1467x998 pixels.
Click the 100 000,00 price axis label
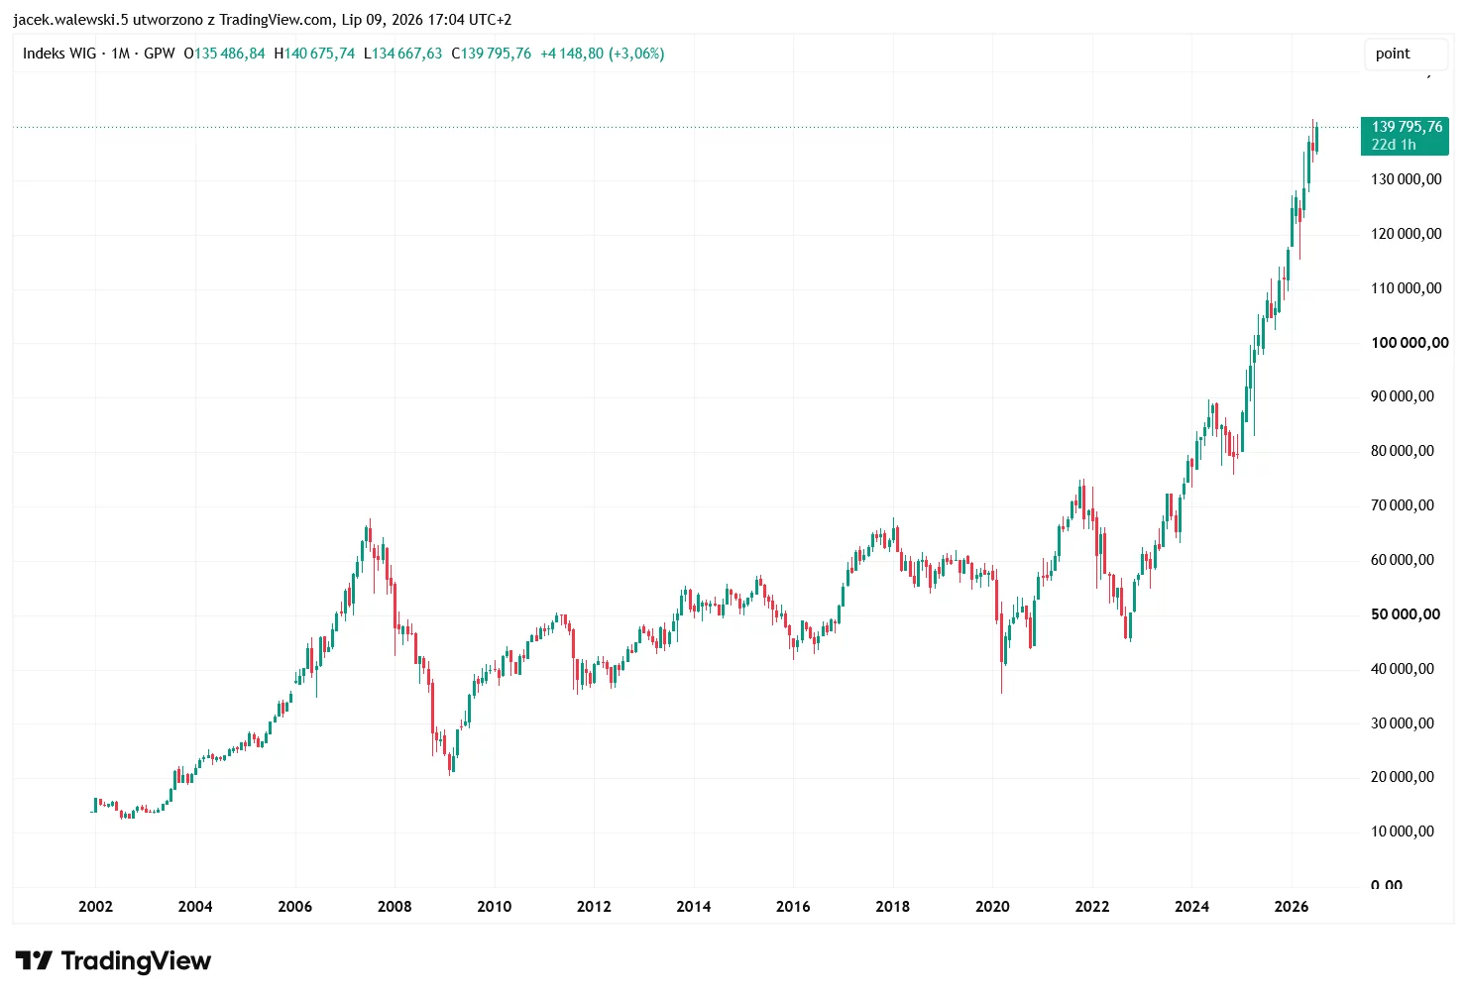[1410, 343]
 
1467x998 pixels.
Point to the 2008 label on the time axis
[395, 906]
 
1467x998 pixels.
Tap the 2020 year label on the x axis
[992, 906]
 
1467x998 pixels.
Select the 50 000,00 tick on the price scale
[1406, 614]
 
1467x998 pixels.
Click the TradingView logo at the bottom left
[113, 960]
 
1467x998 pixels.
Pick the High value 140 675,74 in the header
[319, 54]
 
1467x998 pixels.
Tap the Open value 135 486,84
[229, 54]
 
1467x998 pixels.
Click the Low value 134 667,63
[406, 54]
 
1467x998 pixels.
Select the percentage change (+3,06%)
[636, 54]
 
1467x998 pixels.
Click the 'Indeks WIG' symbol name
[59, 54]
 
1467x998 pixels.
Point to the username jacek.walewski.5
[70, 20]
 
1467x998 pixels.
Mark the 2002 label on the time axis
[95, 906]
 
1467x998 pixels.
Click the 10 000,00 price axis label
[1403, 832]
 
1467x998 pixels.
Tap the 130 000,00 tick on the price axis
[1407, 179]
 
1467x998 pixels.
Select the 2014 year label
[694, 906]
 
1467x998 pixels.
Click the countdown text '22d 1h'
[1394, 145]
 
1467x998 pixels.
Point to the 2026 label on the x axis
[1292, 906]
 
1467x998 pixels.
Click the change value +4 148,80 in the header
[572, 54]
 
